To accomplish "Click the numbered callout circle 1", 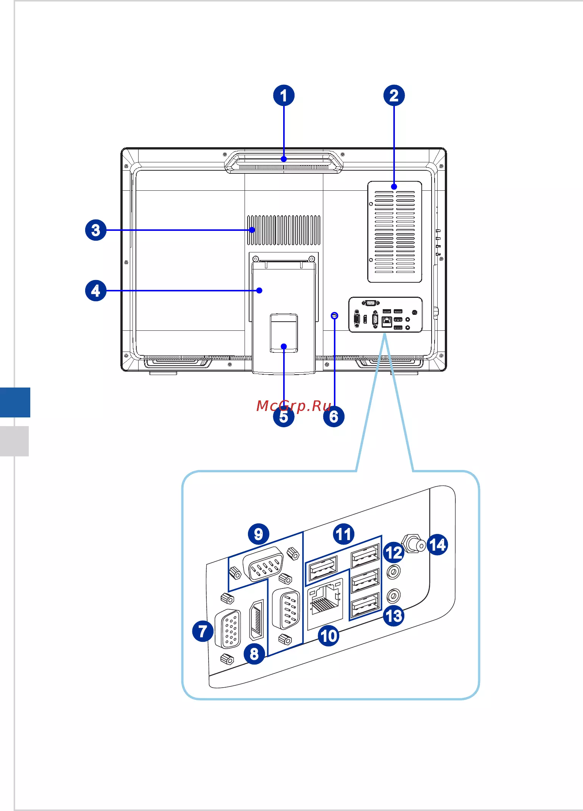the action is coord(284,95).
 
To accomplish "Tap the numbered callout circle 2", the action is coord(394,95).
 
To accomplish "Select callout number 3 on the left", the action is coord(96,230).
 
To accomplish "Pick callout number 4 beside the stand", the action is coord(96,291).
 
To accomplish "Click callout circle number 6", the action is coord(334,416).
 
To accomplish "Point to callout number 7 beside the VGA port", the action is coord(203,631).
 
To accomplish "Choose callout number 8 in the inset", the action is coord(254,653).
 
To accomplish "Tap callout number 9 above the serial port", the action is coord(259,534).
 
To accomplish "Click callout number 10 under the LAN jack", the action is coord(329,635).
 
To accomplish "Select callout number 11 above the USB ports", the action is coord(344,534).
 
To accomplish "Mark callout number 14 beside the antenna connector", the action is coord(437,545).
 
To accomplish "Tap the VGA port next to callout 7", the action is coord(228,629).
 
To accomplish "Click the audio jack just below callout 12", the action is coord(393,571).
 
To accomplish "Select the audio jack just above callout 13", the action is coord(393,596).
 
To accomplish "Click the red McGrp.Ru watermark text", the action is coord(294,406).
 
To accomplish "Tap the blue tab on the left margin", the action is coord(15,402).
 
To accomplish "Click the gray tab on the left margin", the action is coord(14,441).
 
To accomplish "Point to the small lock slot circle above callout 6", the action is coord(334,315).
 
